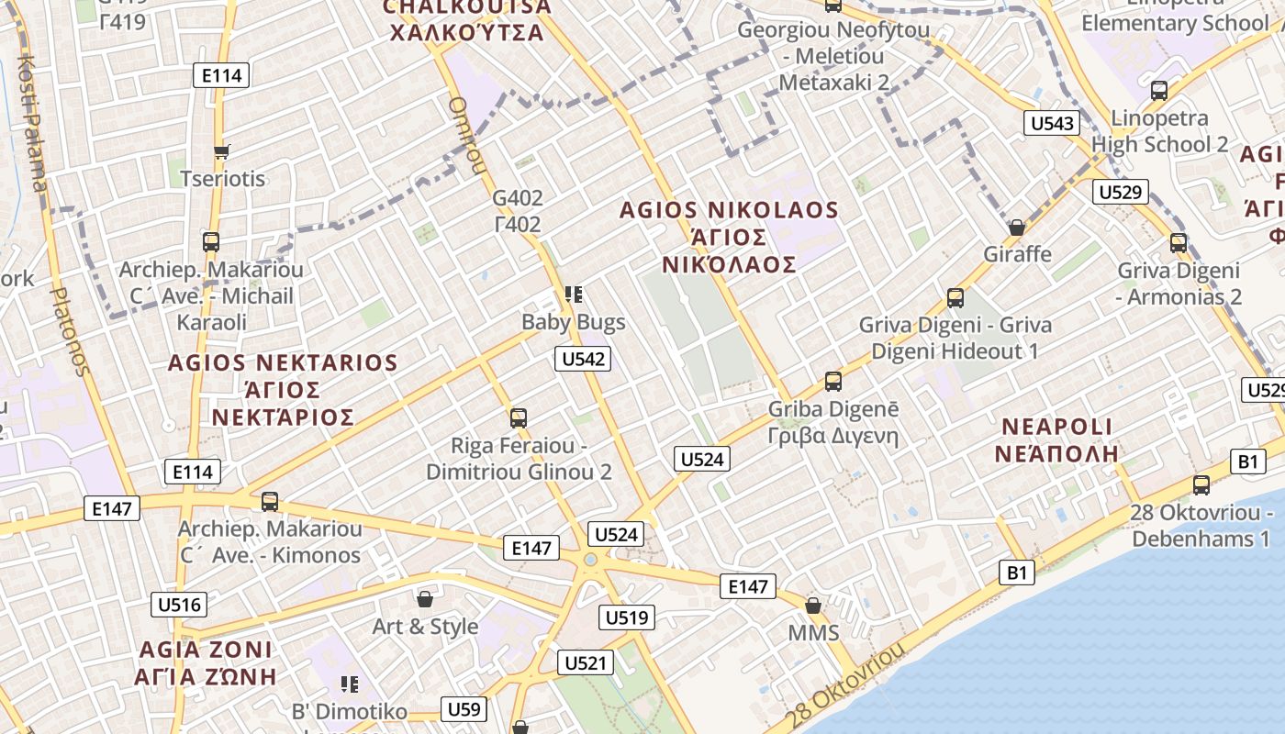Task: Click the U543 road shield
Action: pos(1052,123)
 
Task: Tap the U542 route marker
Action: pos(583,359)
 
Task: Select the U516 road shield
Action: pos(179,605)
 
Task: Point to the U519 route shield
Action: pos(628,617)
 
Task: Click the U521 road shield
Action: pos(585,662)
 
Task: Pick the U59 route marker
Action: pos(464,708)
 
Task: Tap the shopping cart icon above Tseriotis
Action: pos(220,151)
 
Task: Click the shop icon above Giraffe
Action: pos(1016,228)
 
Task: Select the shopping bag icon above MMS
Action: pos(812,606)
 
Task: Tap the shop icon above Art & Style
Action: pos(425,600)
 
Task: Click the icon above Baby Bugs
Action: pos(574,295)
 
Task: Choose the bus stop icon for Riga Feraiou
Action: pos(519,418)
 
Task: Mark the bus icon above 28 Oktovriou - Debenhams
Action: pos(1201,485)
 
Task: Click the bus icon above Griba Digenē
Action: pos(832,381)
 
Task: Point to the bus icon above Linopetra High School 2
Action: pos(1159,91)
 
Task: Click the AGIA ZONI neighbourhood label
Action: pos(206,650)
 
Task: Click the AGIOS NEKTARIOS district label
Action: pos(283,362)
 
